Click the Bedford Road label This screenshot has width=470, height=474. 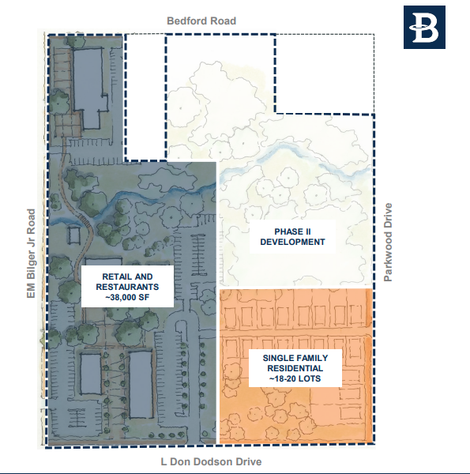click(x=201, y=21)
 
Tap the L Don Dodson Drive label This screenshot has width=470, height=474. click(x=210, y=462)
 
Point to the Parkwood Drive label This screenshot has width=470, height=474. click(x=388, y=243)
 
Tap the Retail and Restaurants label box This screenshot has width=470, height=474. click(x=126, y=287)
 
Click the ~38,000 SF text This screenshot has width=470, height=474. click(x=126, y=299)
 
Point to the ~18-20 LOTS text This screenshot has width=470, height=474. click(x=292, y=381)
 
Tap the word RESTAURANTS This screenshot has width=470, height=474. click(x=126, y=287)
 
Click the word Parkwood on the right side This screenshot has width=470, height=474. click(x=388, y=257)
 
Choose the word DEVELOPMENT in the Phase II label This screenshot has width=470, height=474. click(x=292, y=243)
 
